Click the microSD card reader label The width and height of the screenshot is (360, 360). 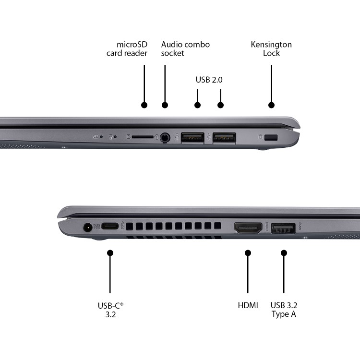point(127,49)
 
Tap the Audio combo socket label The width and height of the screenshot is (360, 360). point(185,49)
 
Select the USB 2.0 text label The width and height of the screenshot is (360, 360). point(209,80)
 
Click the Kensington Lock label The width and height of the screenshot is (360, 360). point(271,49)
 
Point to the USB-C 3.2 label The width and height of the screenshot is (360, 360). point(110,310)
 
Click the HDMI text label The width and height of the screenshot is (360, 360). point(248,305)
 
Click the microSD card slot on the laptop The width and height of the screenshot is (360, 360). point(143,137)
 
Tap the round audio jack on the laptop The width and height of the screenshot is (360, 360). point(165,137)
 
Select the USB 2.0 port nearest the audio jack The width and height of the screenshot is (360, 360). point(192,138)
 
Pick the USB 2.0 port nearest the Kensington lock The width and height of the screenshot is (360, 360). point(224,138)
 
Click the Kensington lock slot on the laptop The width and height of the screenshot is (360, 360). point(272,138)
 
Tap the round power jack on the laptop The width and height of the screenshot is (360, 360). point(87,228)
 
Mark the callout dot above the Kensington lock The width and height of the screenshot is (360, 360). point(271,105)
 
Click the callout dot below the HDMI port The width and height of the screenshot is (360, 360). point(248,252)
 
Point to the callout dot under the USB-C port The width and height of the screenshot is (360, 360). point(110,252)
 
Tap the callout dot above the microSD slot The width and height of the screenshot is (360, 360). point(144,105)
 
